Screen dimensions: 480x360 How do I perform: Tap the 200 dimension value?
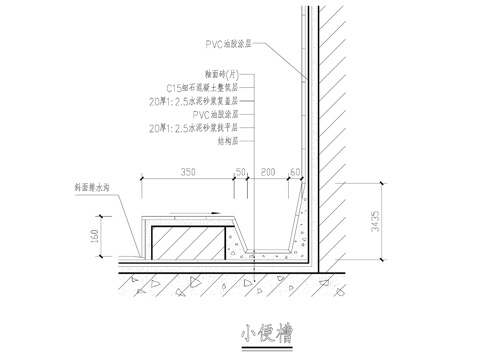[267, 172]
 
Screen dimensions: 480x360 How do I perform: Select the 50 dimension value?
[240, 172]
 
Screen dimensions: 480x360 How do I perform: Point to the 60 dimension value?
[296, 172]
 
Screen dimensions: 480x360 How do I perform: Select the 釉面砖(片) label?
[221, 74]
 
